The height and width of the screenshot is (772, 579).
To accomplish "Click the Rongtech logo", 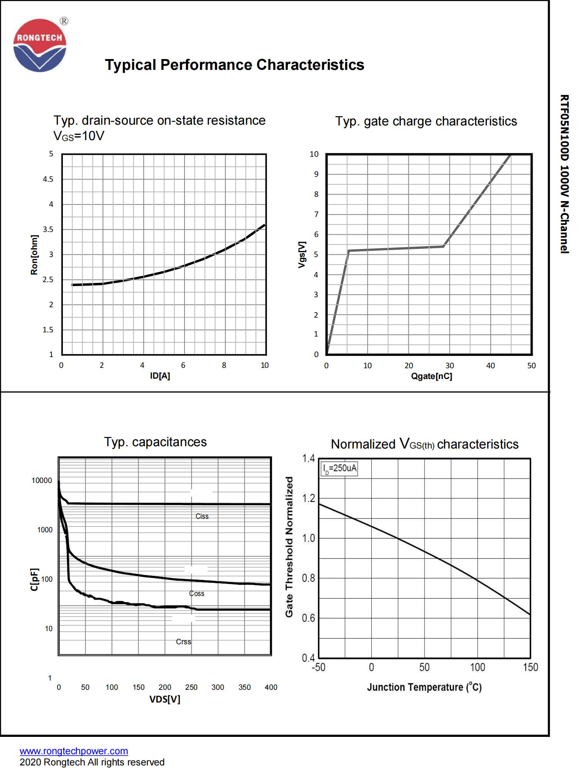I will click(x=40, y=45).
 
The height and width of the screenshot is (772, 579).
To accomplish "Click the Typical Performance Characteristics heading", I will click(x=234, y=65).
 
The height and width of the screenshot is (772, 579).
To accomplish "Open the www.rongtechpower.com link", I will click(x=74, y=751).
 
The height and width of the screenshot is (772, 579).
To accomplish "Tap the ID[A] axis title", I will click(x=160, y=376).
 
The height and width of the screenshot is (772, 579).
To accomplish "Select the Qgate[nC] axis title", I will click(x=432, y=376).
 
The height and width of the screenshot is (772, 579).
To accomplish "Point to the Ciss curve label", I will click(x=202, y=516).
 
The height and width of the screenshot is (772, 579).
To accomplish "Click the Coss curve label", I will click(x=196, y=594).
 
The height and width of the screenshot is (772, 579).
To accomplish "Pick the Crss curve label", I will click(x=183, y=642).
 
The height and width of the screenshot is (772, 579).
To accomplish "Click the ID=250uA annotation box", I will click(x=339, y=469).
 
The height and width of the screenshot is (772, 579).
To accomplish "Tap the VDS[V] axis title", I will click(x=165, y=699).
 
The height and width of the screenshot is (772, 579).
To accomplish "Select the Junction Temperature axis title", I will click(x=424, y=687).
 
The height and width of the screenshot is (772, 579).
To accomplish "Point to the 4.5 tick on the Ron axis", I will click(x=48, y=179).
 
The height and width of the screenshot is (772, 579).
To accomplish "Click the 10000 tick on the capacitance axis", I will click(x=42, y=481).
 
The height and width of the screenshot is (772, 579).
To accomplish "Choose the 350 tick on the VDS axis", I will click(x=244, y=687).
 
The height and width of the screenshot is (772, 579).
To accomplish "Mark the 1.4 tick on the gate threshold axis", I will click(x=308, y=459).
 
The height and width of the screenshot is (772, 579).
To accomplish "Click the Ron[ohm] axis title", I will click(x=34, y=255).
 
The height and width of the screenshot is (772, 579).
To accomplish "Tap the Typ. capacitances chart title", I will click(x=155, y=442).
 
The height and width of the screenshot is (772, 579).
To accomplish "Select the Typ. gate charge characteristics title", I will click(x=426, y=121).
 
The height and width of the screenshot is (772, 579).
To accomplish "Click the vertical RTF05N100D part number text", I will click(x=564, y=174).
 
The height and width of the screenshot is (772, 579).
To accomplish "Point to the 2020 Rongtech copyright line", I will click(x=92, y=762).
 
